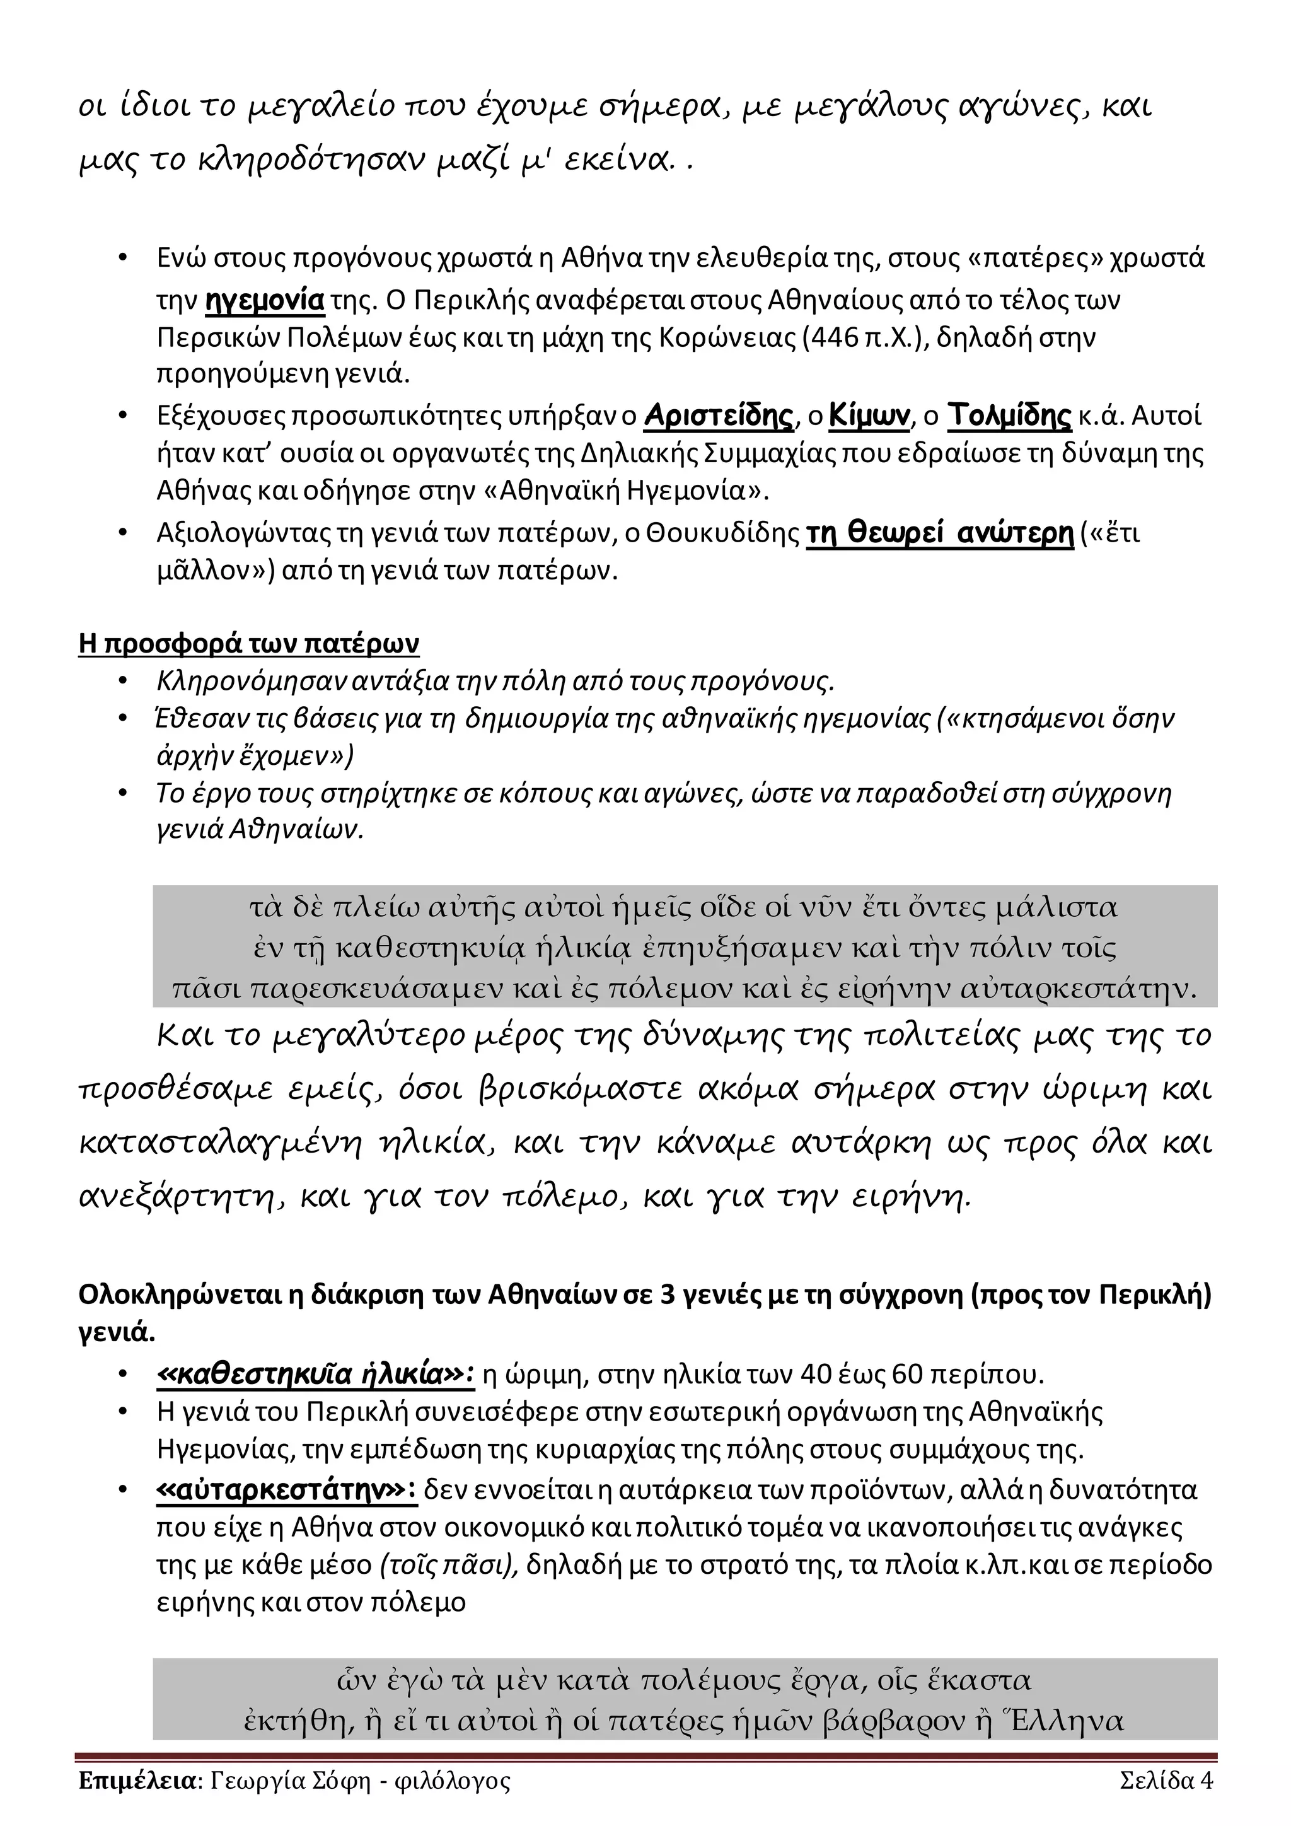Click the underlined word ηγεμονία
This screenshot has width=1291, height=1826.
(x=265, y=301)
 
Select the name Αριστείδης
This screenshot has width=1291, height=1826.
(x=719, y=416)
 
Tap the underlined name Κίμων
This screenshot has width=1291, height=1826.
(x=869, y=416)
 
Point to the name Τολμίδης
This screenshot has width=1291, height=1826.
(x=1010, y=416)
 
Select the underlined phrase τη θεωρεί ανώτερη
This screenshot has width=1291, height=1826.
(x=940, y=533)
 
